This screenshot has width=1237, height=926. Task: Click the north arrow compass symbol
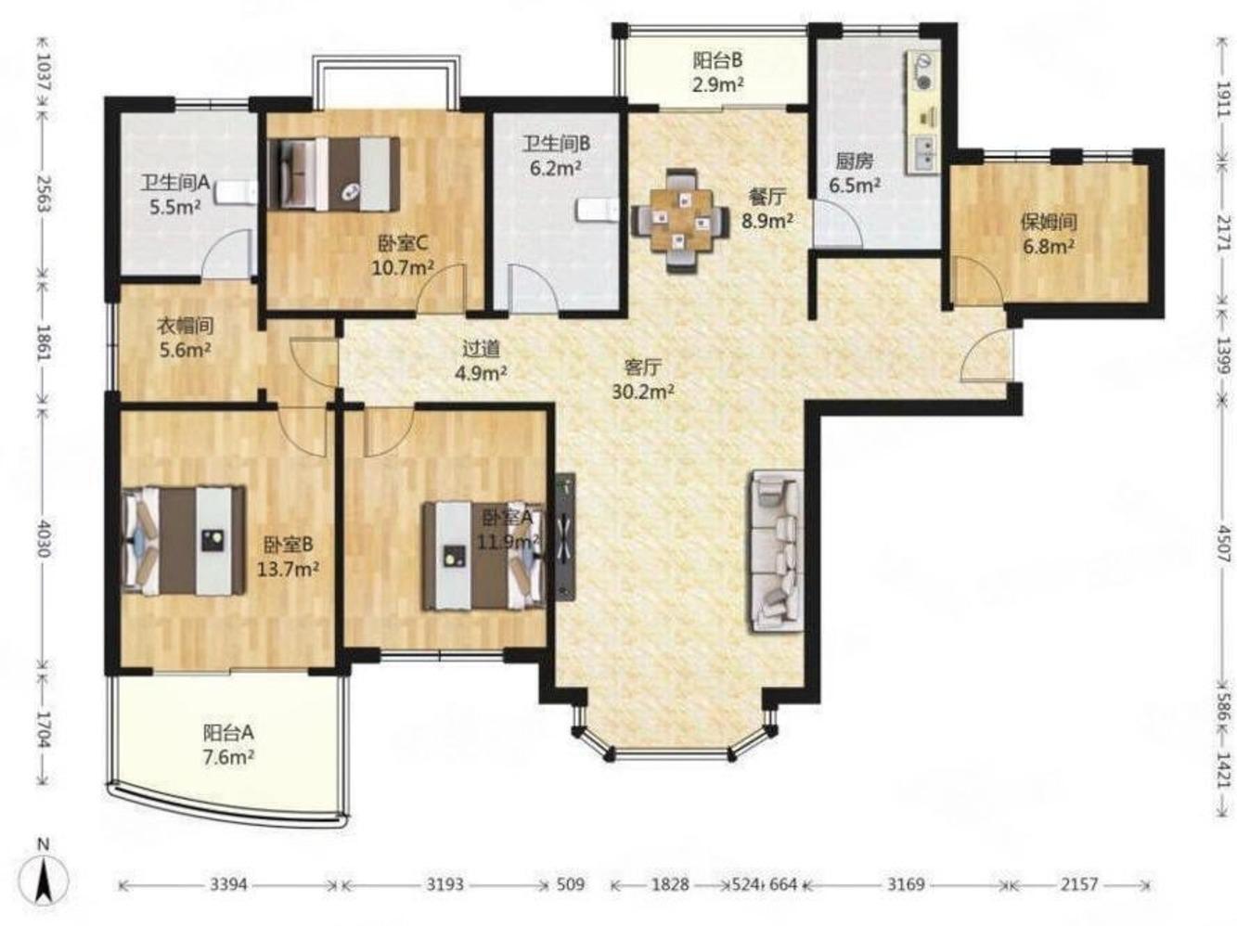44,881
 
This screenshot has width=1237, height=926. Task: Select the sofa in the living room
776,552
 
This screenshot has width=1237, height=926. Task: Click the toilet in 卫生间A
237,193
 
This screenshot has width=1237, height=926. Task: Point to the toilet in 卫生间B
598,210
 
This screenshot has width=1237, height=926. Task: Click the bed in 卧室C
334,174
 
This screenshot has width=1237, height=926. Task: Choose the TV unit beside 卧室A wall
565,537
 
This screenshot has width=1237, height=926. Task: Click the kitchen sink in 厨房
922,154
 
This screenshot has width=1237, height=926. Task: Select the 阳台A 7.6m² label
228,745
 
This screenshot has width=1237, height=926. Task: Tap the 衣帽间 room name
185,326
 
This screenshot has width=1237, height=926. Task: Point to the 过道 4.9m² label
481,361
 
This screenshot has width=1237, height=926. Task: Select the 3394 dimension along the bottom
229,885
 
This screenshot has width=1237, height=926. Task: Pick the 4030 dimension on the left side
43,538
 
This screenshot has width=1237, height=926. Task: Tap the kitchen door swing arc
837,223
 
